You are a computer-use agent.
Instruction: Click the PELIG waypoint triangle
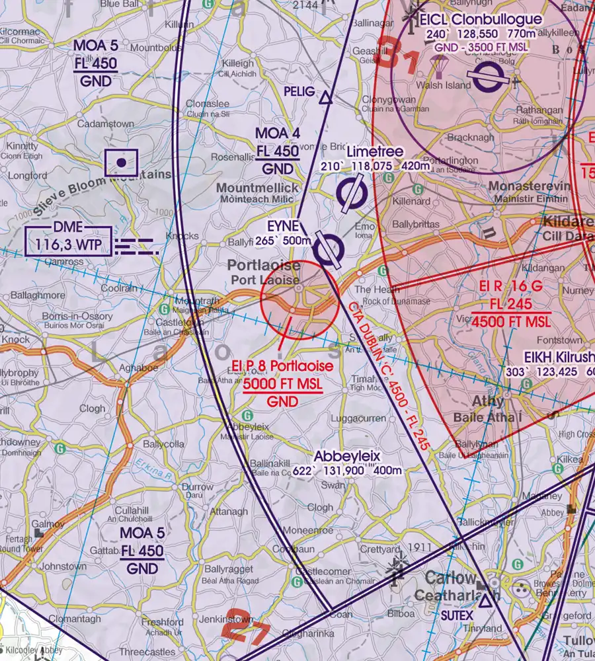[x=325, y=98]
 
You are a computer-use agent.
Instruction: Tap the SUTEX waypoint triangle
[x=485, y=601]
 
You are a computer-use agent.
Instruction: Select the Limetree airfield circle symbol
[x=352, y=193]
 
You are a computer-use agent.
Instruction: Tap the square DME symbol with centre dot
[x=121, y=163]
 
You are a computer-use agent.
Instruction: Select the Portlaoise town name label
[x=264, y=266]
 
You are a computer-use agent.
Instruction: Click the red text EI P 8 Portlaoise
[x=283, y=367]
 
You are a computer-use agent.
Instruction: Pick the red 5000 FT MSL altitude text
[x=283, y=385]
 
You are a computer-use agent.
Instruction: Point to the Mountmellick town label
[x=258, y=188]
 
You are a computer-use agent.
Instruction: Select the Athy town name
[x=488, y=401]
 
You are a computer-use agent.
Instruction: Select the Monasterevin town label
[x=528, y=187]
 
